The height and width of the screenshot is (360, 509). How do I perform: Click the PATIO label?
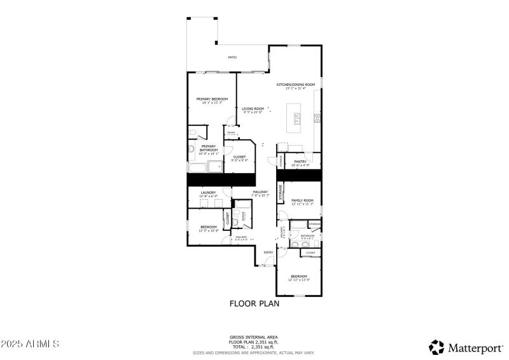click(x=233, y=58)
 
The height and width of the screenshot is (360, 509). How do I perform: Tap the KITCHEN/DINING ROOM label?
click(x=295, y=85)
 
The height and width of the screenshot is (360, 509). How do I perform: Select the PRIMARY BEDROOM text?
click(x=212, y=99)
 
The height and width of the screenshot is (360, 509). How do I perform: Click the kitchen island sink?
click(x=296, y=118)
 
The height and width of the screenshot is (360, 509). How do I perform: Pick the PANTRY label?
click(x=301, y=162)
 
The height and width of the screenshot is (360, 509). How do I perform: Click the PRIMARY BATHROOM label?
click(x=208, y=148)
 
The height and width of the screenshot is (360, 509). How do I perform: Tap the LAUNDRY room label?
click(x=208, y=192)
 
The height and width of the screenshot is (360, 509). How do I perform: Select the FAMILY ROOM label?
click(x=302, y=200)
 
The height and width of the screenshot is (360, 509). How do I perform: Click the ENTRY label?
click(x=268, y=253)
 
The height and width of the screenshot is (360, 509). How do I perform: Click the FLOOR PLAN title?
click(x=254, y=303)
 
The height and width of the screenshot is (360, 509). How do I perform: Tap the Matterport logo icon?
click(x=436, y=347)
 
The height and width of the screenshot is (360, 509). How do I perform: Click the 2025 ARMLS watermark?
click(x=30, y=343)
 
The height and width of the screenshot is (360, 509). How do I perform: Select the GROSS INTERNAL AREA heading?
click(x=254, y=336)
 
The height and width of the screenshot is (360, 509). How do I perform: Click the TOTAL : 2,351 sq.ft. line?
click(x=254, y=347)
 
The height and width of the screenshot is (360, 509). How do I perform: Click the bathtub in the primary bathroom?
click(x=198, y=167)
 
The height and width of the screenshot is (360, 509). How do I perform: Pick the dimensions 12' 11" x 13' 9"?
click(x=298, y=280)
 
